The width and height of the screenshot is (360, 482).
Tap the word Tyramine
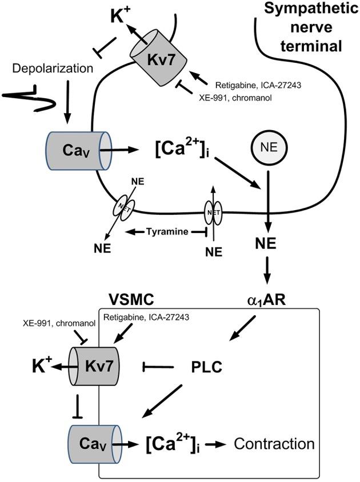coord(166,231)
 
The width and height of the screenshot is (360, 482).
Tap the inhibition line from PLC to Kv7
coord(160,364)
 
